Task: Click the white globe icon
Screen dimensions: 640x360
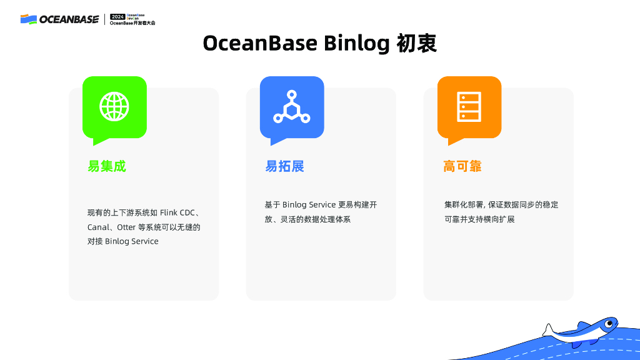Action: pyautogui.click(x=114, y=106)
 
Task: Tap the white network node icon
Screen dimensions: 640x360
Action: pyautogui.click(x=292, y=106)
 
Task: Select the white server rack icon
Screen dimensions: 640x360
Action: pyautogui.click(x=469, y=107)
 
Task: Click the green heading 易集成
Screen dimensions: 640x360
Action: pyautogui.click(x=107, y=166)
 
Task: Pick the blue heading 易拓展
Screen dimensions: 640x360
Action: pyautogui.click(x=284, y=166)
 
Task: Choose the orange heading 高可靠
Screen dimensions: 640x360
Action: pyautogui.click(x=462, y=166)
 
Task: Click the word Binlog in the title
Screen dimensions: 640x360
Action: pyautogui.click(x=357, y=43)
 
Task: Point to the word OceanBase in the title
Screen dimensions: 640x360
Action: pyautogui.click(x=260, y=43)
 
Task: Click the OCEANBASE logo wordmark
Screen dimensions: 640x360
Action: pyautogui.click(x=69, y=19)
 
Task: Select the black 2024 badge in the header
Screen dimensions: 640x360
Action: pyautogui.click(x=117, y=17)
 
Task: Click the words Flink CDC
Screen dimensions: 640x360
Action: pyautogui.click(x=177, y=212)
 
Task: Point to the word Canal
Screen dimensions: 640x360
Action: pyautogui.click(x=98, y=227)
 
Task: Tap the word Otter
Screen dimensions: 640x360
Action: pyautogui.click(x=126, y=227)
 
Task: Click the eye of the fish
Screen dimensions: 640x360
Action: pyautogui.click(x=609, y=324)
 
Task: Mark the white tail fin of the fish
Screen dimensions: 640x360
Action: pyautogui.click(x=547, y=330)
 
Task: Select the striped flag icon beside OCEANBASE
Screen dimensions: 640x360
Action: pyautogui.click(x=29, y=19)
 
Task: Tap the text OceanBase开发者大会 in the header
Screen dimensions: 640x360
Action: pyautogui.click(x=132, y=23)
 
